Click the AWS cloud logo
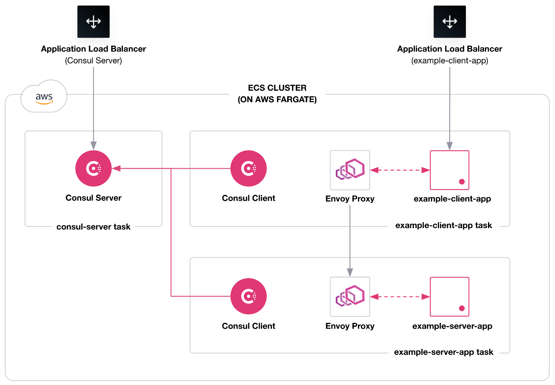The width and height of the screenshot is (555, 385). [x=44, y=96]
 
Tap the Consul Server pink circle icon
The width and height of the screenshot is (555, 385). [x=94, y=168]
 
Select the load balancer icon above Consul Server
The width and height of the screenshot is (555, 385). [x=94, y=21]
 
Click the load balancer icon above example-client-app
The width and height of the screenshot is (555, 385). [x=450, y=21]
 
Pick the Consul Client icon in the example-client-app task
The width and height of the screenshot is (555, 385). [x=249, y=168]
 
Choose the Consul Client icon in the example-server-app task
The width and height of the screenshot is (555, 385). [x=249, y=296]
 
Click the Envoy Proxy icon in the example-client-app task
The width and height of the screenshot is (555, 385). [x=350, y=170]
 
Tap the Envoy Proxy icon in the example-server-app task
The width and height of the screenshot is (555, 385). [x=350, y=297]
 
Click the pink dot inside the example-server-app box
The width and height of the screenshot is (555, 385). [x=462, y=308]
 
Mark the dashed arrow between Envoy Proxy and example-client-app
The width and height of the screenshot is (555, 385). [x=400, y=170]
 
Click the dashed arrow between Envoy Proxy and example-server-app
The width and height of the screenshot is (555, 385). [x=400, y=297]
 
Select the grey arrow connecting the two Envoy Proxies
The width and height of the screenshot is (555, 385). [x=350, y=241]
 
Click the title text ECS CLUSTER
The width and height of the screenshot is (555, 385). [x=277, y=88]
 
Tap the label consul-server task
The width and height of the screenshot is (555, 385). [x=94, y=227]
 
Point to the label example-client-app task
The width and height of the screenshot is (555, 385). [x=444, y=225]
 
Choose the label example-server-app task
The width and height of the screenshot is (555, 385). [x=444, y=352]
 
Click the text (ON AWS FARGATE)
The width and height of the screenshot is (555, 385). [x=277, y=99]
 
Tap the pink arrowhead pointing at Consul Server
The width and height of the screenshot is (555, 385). [x=116, y=168]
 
